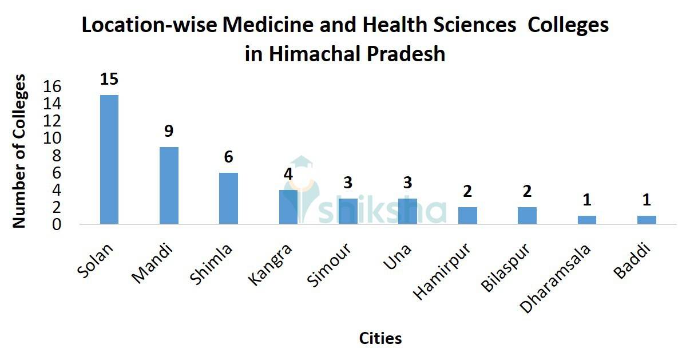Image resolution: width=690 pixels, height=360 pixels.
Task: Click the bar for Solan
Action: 109,159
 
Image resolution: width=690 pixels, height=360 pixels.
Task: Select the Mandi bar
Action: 169,185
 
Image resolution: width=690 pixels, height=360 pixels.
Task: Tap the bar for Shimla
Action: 228,198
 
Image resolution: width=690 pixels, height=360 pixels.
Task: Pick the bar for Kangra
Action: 288,207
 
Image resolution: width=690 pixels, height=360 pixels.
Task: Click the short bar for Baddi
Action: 647,220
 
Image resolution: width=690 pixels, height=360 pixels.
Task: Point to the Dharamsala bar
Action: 586,220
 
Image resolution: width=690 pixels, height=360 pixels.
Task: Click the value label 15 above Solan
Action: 109,79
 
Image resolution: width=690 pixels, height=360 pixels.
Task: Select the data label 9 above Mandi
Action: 169,131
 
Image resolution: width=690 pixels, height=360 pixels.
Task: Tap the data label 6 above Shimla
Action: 228,157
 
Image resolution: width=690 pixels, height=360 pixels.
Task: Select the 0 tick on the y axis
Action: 57,224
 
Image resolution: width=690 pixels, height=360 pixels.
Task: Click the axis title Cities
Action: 380,338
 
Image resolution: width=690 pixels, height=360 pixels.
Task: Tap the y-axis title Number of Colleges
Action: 19,151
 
